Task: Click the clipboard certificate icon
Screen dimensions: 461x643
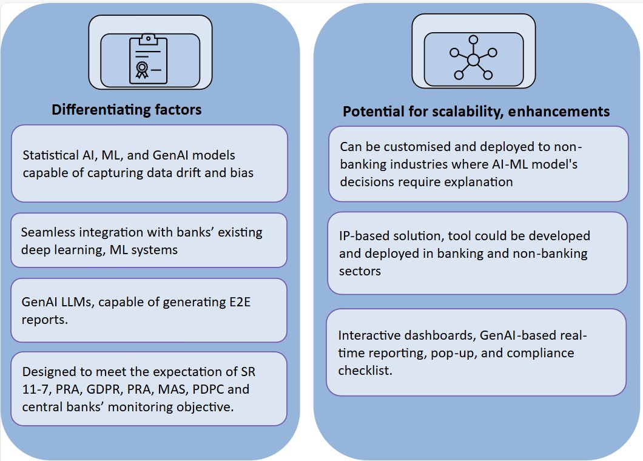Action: click(x=146, y=59)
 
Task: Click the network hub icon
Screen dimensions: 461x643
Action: click(x=473, y=59)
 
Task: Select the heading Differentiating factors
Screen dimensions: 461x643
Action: click(x=127, y=110)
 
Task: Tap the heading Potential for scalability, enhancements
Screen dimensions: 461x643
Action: click(x=476, y=112)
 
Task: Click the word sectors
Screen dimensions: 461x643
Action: click(x=360, y=271)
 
